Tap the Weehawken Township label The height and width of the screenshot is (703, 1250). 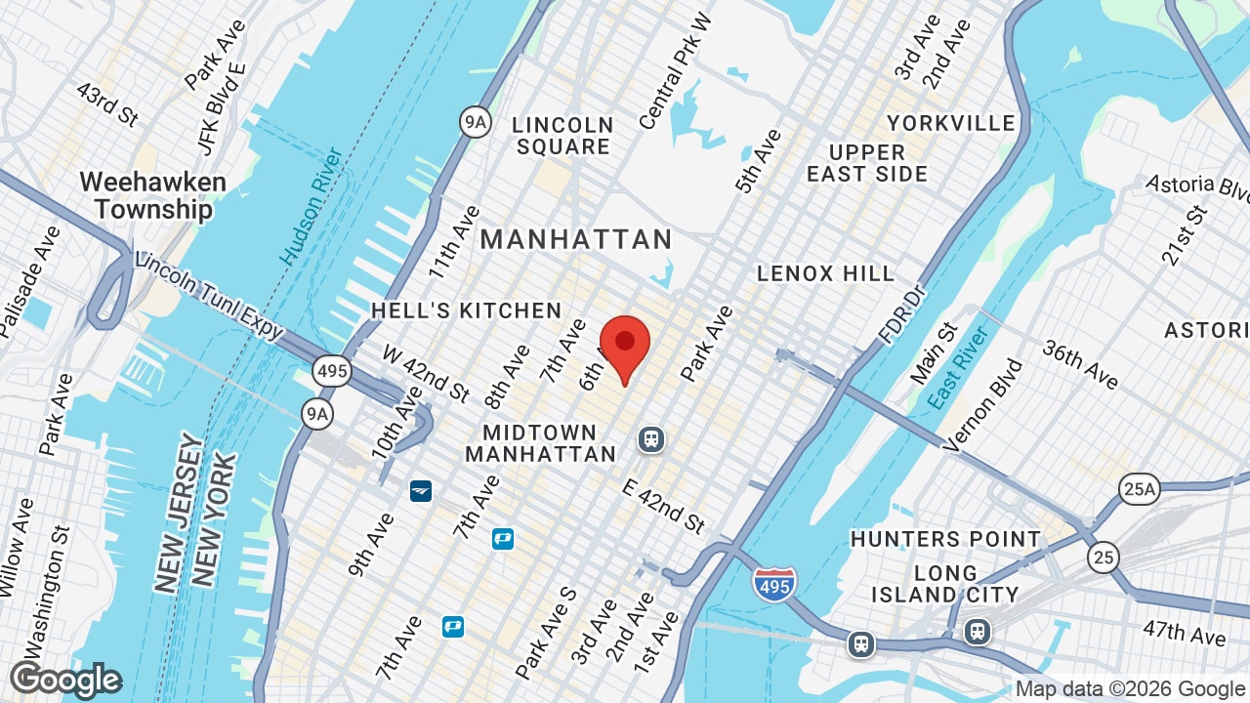(152, 195)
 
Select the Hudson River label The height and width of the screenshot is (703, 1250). (312, 207)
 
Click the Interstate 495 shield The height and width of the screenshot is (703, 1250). (773, 584)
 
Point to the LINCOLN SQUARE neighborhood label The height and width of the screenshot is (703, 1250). (563, 136)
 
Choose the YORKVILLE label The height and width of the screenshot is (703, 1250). (950, 123)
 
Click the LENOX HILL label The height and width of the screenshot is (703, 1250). (825, 273)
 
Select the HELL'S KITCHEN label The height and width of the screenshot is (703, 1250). (466, 310)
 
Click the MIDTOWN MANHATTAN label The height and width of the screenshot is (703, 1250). (540, 443)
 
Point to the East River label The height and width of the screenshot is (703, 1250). (959, 367)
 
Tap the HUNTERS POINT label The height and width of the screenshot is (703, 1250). (945, 539)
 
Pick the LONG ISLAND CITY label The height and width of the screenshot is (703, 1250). (944, 584)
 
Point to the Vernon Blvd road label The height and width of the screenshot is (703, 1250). (983, 404)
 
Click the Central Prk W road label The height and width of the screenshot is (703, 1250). (676, 72)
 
